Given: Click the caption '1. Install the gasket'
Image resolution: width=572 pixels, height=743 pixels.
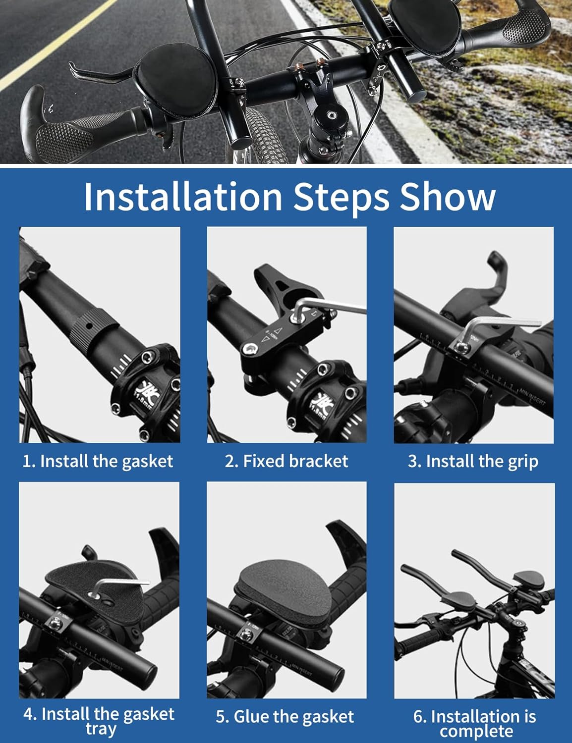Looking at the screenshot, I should click(x=98, y=461).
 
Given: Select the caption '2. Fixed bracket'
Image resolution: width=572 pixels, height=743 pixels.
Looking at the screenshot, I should click(x=286, y=461).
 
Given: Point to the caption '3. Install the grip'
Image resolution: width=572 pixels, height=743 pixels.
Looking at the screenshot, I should click(x=473, y=461).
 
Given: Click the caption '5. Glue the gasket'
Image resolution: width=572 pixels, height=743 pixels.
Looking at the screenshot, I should click(x=285, y=716).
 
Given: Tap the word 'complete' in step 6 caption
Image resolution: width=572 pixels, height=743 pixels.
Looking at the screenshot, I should click(x=476, y=731).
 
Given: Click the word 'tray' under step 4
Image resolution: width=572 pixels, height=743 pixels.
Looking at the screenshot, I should click(x=101, y=728).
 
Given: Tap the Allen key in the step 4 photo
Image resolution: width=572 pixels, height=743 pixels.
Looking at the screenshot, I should click(x=121, y=585).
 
